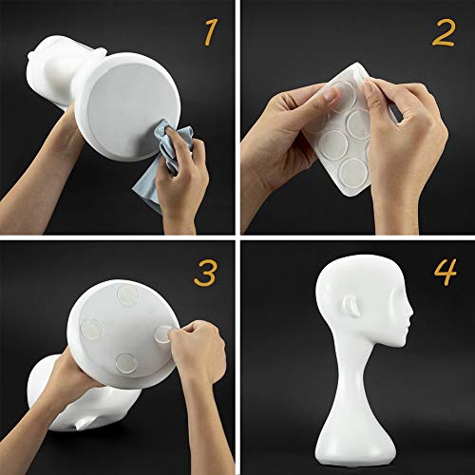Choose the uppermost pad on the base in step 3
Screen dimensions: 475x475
[x=123, y=296]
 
